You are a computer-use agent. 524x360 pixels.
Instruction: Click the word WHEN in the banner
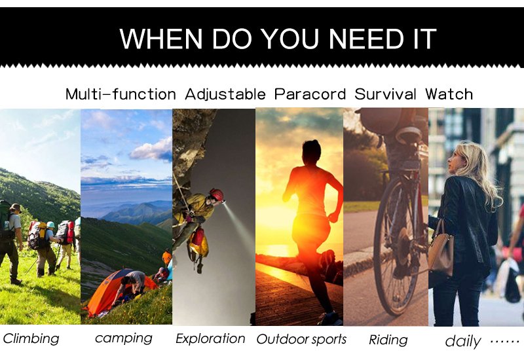click(160, 39)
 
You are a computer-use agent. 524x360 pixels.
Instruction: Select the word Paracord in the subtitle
click(310, 94)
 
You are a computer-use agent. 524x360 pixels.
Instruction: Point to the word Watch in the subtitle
click(449, 94)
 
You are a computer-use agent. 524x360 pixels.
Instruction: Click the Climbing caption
click(31, 338)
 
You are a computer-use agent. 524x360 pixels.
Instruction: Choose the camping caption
click(124, 338)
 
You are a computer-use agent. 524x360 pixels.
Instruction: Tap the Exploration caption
click(210, 338)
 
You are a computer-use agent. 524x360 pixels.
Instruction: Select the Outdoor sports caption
click(301, 339)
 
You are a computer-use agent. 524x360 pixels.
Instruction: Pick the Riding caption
click(388, 340)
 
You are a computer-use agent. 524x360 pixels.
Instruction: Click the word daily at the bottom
click(463, 341)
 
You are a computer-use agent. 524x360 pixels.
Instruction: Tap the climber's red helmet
click(216, 194)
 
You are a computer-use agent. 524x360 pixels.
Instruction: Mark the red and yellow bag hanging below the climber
click(198, 243)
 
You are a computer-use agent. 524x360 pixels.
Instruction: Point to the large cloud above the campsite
click(152, 151)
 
